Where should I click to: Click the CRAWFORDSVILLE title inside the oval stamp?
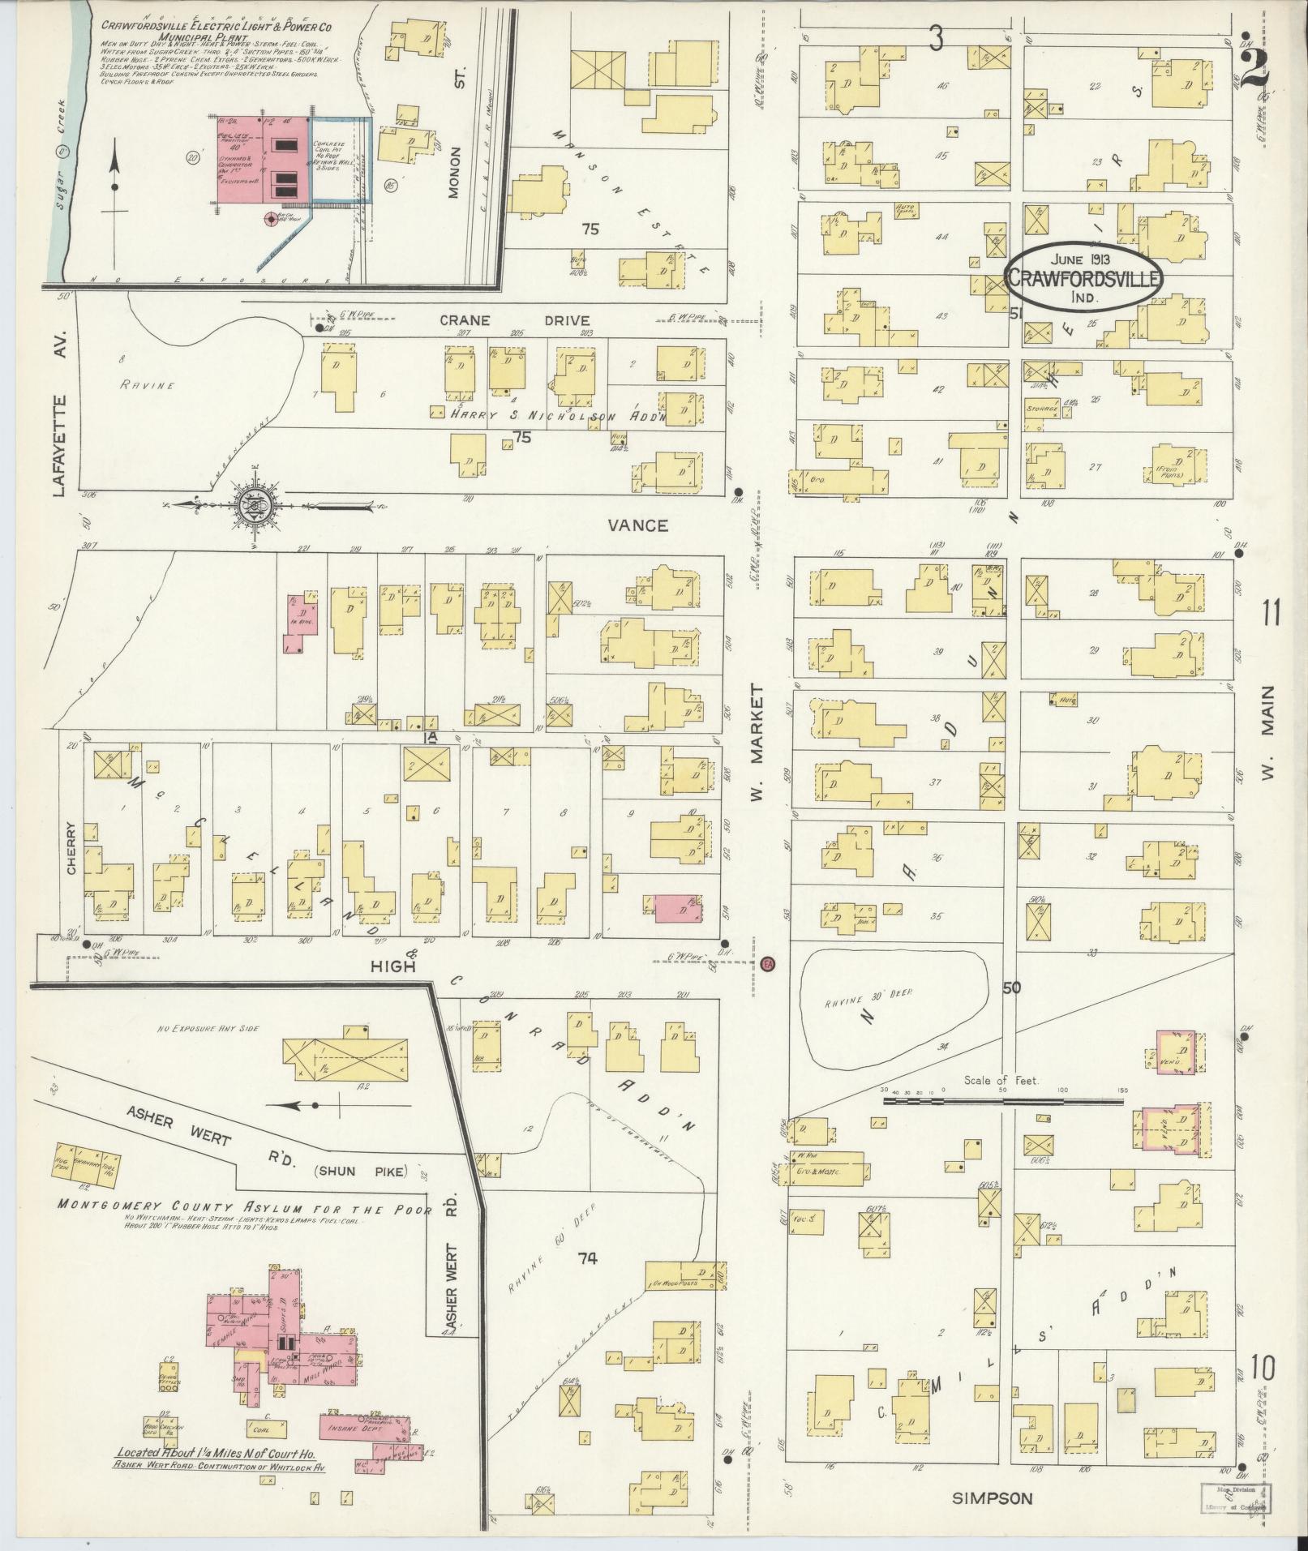pos(1084,277)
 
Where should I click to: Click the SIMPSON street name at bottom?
pos(993,1499)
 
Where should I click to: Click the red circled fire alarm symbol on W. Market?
pos(769,964)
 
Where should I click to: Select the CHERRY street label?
pos(71,848)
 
